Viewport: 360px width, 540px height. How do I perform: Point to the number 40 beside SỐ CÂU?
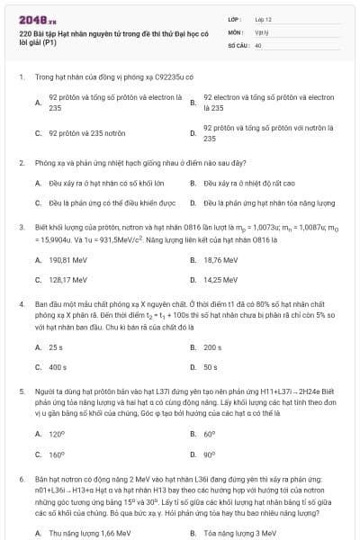(x=258, y=43)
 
